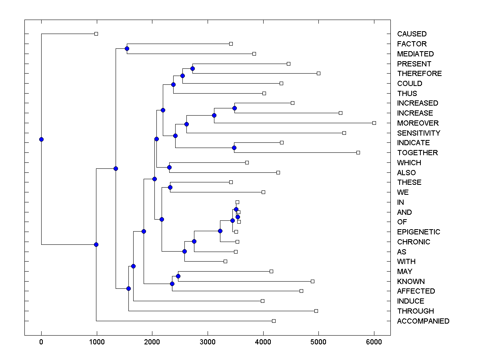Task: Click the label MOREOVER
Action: pos(418,123)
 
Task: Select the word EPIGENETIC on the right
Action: pos(418,232)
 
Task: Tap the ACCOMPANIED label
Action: pos(423,321)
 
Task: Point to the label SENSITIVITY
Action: pos(418,133)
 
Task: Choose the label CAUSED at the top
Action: pos(412,34)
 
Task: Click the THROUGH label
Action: pos(415,311)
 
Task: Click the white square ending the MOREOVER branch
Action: pos(374,123)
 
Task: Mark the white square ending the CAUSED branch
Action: pos(96,34)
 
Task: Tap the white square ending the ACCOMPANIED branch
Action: pos(274,321)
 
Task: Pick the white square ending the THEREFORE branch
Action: pos(318,73)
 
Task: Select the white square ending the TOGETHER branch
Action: pos(358,152)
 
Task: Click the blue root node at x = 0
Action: pos(41,139)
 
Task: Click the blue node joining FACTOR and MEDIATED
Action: pos(127,48)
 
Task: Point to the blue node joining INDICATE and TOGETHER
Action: pos(234,148)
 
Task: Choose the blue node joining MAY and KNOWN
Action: pos(178,276)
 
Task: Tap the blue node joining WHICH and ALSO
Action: pos(169,167)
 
